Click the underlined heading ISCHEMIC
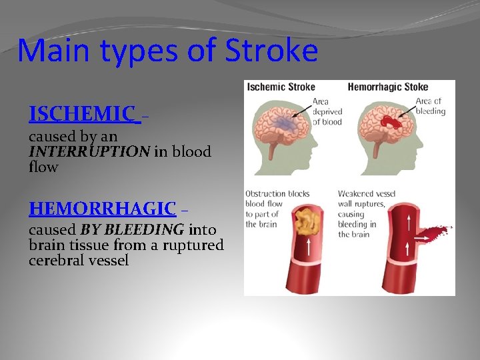[x=81, y=114]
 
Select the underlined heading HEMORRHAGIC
[x=102, y=209]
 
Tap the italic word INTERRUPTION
[x=89, y=151]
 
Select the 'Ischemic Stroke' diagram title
[x=281, y=87]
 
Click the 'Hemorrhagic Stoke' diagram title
[x=388, y=87]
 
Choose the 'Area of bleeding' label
[x=429, y=106]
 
